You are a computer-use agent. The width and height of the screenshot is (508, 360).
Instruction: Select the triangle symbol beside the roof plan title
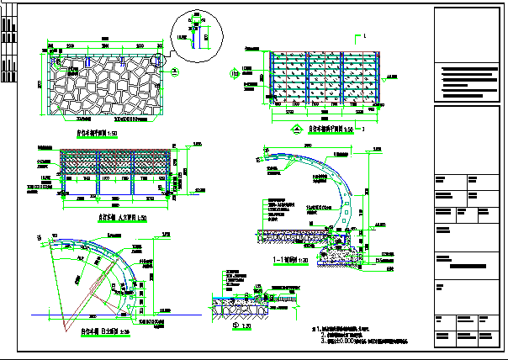[x=295, y=130]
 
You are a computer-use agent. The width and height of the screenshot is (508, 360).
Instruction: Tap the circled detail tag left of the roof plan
[x=234, y=74]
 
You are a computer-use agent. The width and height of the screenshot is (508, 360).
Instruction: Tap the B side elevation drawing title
[x=99, y=331]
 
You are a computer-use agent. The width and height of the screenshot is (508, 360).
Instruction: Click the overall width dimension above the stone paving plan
[x=104, y=37]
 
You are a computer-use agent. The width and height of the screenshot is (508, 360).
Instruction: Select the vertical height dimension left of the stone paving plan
[x=39, y=84]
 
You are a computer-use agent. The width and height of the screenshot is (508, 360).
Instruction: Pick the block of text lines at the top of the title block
[x=470, y=78]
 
